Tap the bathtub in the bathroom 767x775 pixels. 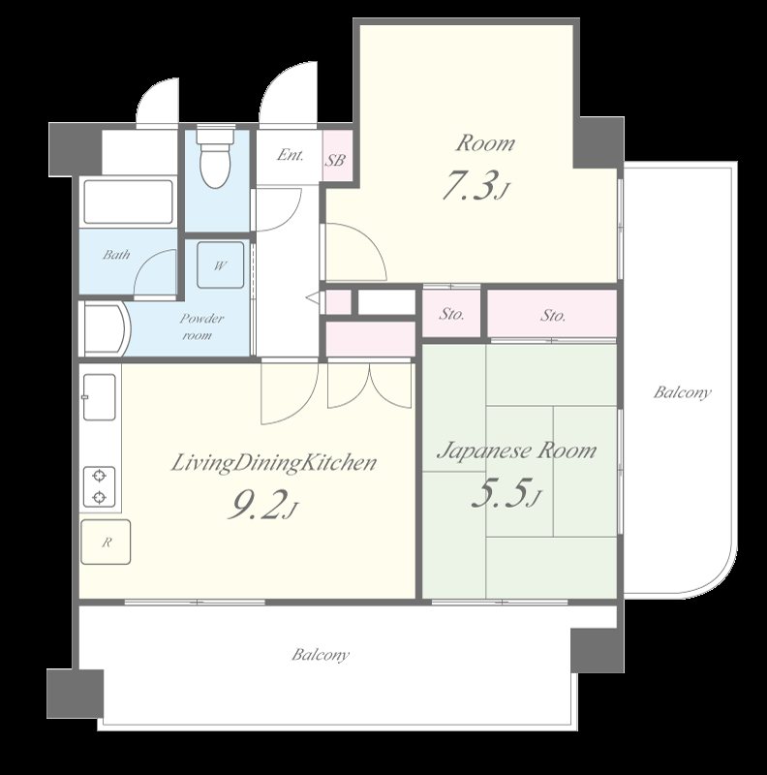point(128,201)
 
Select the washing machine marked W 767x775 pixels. point(221,264)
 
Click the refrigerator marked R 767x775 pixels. point(106,542)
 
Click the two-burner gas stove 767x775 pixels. point(100,486)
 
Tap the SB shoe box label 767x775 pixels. point(334,160)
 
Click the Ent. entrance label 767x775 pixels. point(291,155)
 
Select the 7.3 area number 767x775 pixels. point(475,185)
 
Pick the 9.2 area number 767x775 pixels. point(262,506)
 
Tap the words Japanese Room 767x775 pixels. point(517,450)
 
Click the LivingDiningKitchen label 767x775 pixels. point(274,464)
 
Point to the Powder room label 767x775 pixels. point(200,326)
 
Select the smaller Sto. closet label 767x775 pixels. point(451,314)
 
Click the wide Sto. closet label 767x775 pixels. point(553,315)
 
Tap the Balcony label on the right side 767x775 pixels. point(683,393)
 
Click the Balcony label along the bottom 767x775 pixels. point(321,655)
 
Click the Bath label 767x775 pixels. point(116,255)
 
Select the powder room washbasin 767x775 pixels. point(105,329)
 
